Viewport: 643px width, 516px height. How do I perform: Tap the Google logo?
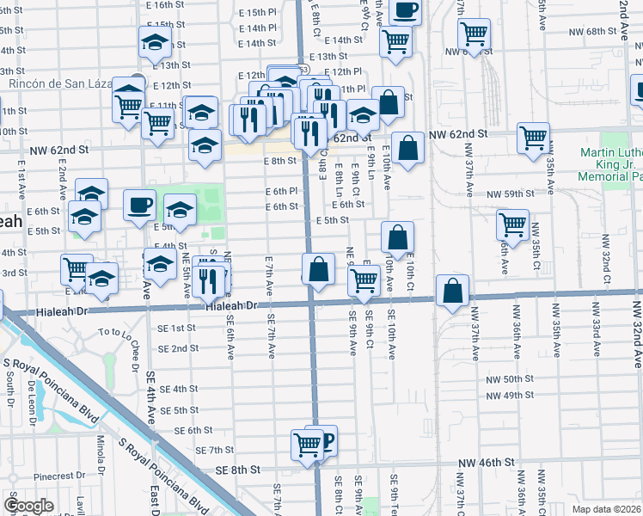coord(29,506)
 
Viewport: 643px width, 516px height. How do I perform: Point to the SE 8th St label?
coord(238,469)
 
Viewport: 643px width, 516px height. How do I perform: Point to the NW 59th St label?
coord(511,194)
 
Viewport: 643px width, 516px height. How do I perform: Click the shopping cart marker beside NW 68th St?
coord(474,34)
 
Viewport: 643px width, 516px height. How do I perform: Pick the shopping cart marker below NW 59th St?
coord(512,224)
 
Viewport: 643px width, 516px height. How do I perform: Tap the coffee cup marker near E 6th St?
coord(139,206)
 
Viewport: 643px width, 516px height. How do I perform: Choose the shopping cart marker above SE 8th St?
coord(307,444)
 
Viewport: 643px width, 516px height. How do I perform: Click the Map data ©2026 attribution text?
coord(607,509)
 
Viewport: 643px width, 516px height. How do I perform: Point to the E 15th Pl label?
coord(259,13)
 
